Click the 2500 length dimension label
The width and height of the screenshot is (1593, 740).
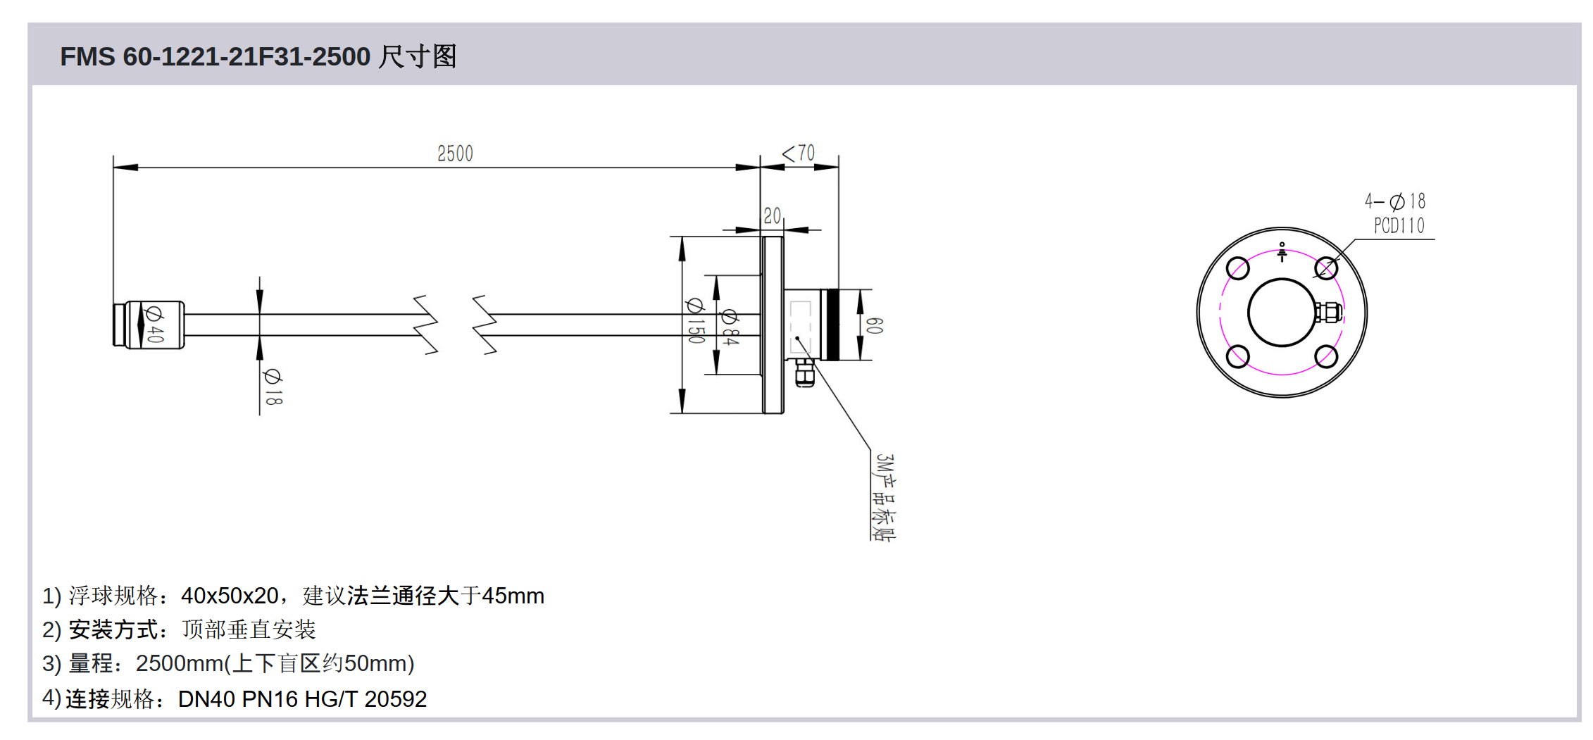click(x=455, y=153)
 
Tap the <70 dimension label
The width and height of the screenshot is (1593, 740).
click(x=799, y=153)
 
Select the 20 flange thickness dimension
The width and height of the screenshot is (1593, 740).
click(x=773, y=215)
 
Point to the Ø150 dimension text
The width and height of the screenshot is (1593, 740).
click(x=695, y=320)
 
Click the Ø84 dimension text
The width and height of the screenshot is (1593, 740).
click(x=730, y=327)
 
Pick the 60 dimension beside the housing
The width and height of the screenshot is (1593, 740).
click(x=874, y=325)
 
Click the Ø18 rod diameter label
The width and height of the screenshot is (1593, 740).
click(x=273, y=387)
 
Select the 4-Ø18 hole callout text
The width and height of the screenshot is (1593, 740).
click(x=1395, y=201)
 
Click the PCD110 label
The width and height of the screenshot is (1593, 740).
click(x=1399, y=226)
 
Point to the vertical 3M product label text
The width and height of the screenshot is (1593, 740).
click(x=885, y=496)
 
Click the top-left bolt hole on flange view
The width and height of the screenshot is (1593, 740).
click(x=1237, y=268)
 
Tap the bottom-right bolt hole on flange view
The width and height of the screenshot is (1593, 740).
click(x=1326, y=356)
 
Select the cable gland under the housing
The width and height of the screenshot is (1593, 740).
click(x=804, y=372)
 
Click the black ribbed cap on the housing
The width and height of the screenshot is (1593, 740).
click(x=831, y=325)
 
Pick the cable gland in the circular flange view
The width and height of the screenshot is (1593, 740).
click(x=1328, y=312)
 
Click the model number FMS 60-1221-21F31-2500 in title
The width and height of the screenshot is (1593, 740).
click(x=215, y=56)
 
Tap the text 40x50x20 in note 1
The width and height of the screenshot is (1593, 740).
click(x=230, y=596)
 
